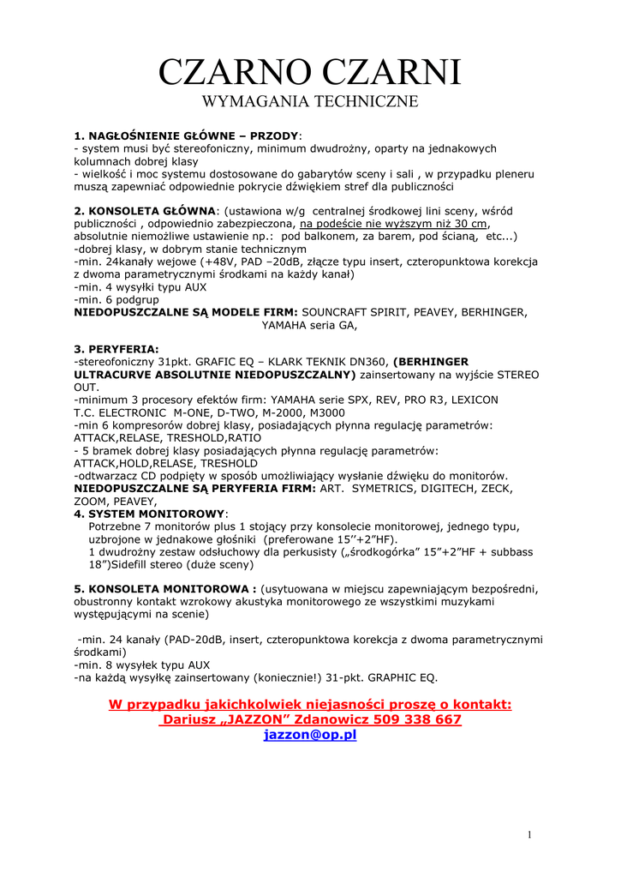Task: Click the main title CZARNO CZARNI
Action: click(x=310, y=72)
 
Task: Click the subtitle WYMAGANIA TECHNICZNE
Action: click(x=310, y=102)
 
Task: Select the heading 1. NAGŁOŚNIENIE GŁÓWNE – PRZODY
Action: click(x=187, y=135)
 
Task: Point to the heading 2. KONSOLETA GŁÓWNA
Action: click(x=146, y=211)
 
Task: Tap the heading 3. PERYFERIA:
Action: click(x=116, y=349)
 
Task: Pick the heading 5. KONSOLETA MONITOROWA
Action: click(x=165, y=589)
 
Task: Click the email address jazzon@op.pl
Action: click(x=310, y=735)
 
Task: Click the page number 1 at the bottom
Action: click(x=530, y=835)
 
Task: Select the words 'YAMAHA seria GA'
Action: click(x=308, y=325)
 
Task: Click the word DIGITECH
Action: click(x=437, y=488)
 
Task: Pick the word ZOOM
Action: click(x=91, y=501)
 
